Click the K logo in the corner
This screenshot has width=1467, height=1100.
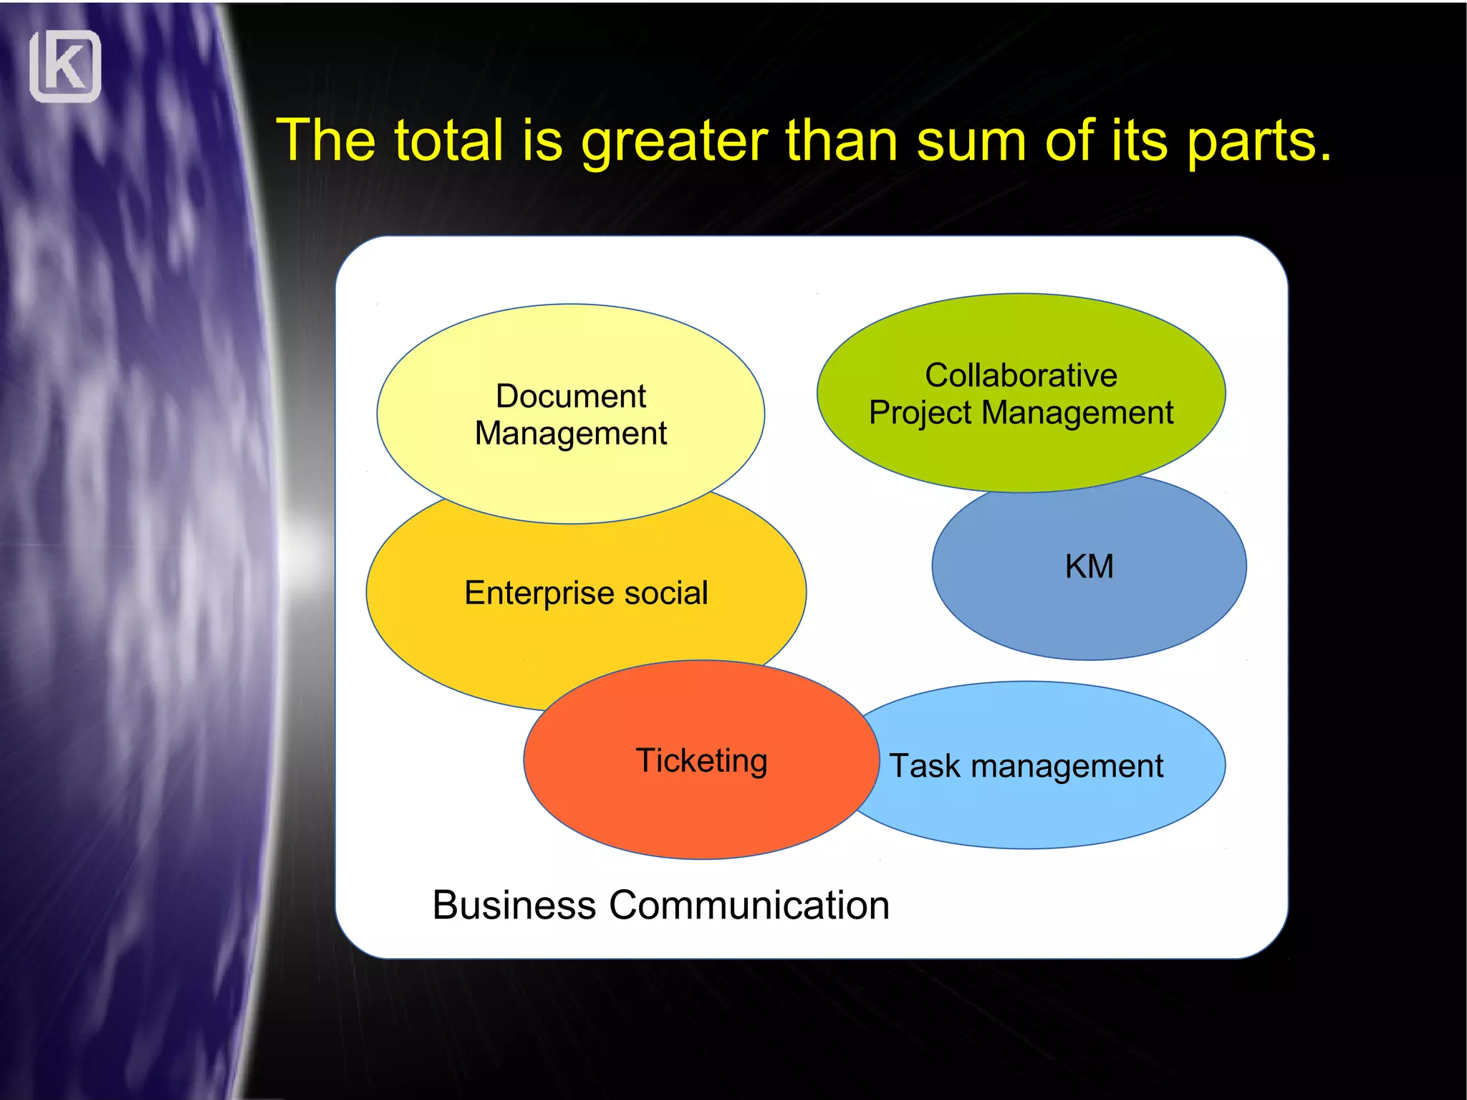point(65,67)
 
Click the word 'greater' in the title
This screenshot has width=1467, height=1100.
point(674,142)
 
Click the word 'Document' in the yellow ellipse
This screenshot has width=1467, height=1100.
point(571,396)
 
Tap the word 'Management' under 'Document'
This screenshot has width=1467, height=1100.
point(571,434)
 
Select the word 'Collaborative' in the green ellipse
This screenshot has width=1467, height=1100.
point(1021,376)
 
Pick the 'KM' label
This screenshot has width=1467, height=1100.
point(1089,567)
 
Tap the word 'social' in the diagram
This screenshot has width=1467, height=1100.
point(666,593)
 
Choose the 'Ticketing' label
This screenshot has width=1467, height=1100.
point(701,761)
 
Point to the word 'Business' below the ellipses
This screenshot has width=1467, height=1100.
point(514,905)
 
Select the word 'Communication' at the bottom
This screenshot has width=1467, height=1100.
point(749,905)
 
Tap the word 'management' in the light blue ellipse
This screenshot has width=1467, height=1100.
point(1067,767)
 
